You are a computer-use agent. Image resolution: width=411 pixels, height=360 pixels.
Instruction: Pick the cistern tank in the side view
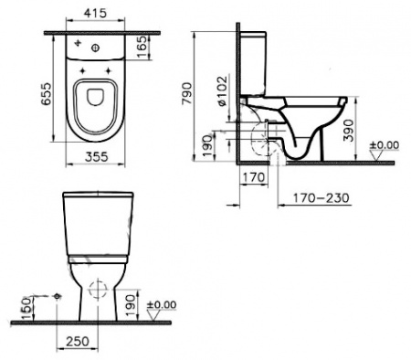point(253,64)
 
